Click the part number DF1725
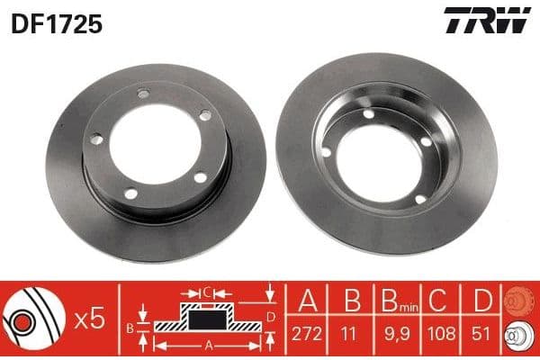coord(57,24)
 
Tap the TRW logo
coord(487,20)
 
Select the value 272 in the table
coord(307,334)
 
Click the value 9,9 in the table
coord(397,334)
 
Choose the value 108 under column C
coord(441,334)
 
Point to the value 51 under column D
coord(481,334)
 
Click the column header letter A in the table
coord(308,300)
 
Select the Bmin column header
coord(400,301)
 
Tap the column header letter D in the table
coord(482,300)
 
